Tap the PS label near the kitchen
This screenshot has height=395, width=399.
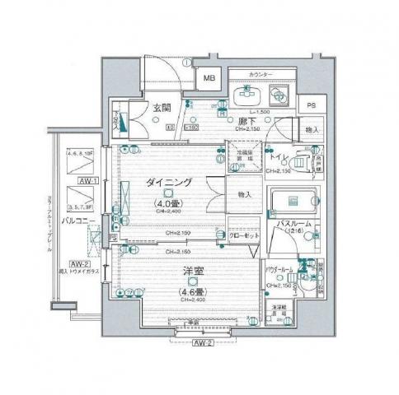311,106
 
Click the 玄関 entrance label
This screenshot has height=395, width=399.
162,107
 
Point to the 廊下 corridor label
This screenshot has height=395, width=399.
245,121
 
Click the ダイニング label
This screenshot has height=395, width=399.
171,182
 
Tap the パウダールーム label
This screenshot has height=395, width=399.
283,269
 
